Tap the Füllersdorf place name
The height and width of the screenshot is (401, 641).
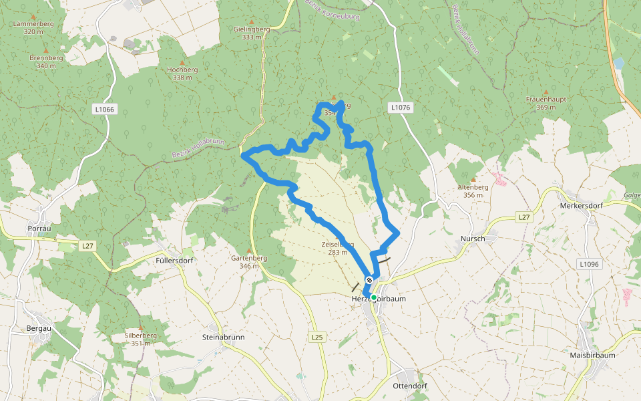[x=174, y=260]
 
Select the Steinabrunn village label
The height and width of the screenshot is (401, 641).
[x=223, y=337]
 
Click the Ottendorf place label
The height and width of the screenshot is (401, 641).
[x=410, y=386]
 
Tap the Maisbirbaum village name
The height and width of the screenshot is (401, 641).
[x=592, y=355]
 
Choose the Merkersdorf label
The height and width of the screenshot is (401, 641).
[x=582, y=205]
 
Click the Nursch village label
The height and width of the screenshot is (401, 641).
[x=473, y=239]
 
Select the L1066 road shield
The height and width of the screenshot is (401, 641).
[x=105, y=109]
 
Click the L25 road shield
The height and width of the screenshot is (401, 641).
[x=317, y=338]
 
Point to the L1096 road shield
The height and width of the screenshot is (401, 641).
[x=589, y=264]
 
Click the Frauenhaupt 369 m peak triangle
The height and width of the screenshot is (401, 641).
[x=546, y=92]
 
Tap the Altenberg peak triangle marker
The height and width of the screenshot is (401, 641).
[x=473, y=180]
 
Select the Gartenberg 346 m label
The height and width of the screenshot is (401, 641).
[x=249, y=262]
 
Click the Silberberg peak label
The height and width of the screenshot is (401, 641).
[x=140, y=339]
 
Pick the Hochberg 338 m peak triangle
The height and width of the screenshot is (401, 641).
[x=182, y=61]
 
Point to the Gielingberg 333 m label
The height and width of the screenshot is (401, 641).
[x=252, y=33]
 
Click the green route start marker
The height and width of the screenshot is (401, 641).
[x=374, y=297]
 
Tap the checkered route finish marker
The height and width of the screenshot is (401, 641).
[x=369, y=280]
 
